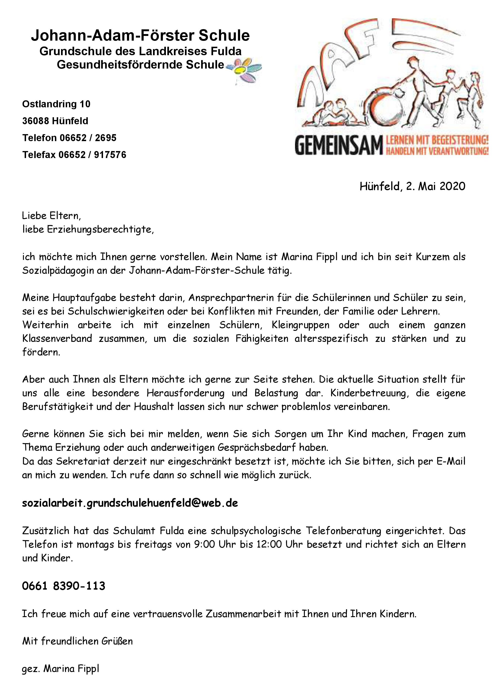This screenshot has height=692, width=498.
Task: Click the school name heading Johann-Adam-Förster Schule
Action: [140, 36]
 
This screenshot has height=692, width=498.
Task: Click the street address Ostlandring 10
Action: [56, 104]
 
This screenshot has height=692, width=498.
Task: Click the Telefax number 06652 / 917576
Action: [92, 155]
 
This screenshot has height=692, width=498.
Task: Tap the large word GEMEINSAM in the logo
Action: [338, 146]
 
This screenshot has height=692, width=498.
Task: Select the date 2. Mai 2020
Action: [436, 186]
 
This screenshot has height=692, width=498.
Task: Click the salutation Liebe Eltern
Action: [51, 216]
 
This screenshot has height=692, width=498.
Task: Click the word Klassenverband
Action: [57, 338]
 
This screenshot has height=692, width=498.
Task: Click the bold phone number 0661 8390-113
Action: [64, 586]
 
